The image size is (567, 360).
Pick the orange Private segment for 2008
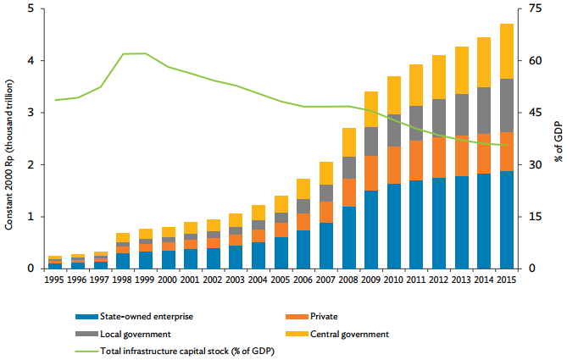(349, 192)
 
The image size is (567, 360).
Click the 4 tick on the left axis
(31, 61)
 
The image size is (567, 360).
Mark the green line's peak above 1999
(145, 53)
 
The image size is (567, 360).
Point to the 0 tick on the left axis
(31, 269)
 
